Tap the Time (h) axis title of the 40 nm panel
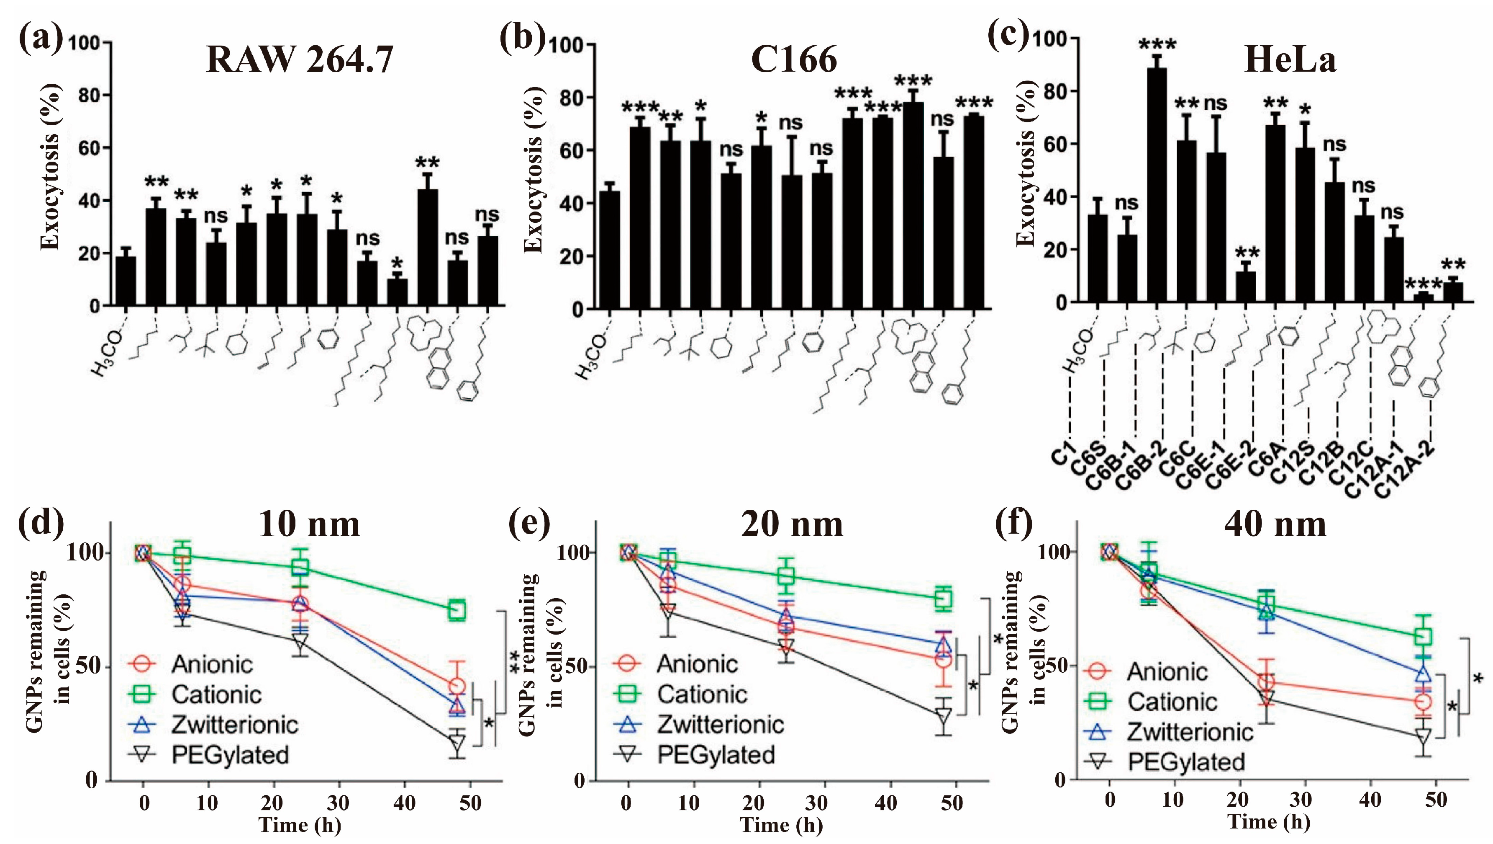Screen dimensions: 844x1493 (1269, 822)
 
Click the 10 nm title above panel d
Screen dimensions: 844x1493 (308, 524)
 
